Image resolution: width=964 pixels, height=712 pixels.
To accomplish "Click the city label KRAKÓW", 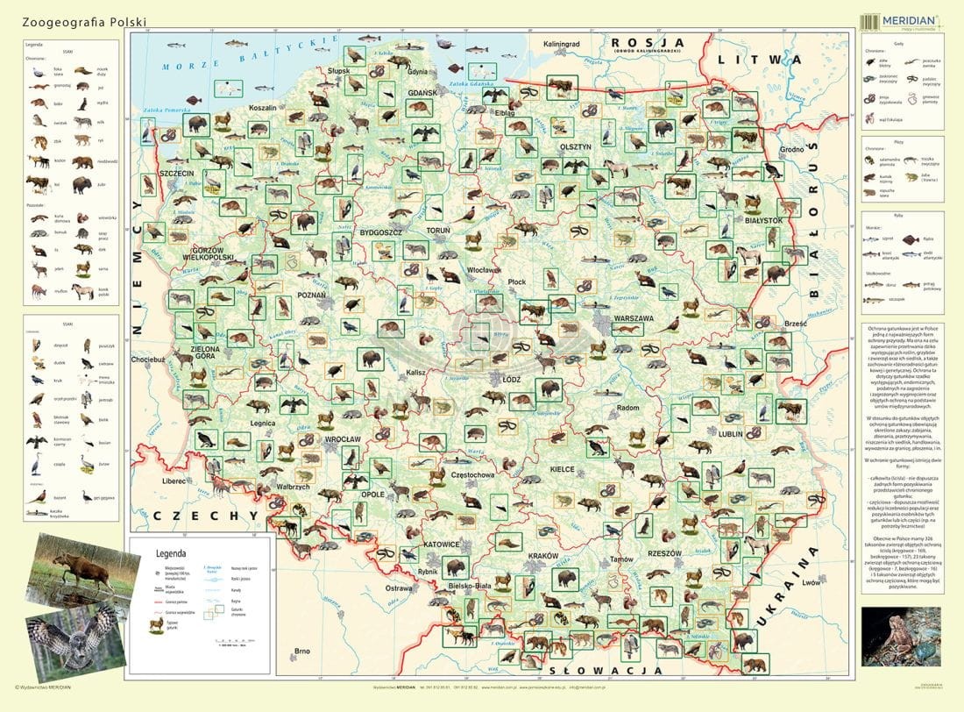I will (x=543, y=556).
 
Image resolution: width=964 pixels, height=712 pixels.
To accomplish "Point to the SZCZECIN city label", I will (x=176, y=174).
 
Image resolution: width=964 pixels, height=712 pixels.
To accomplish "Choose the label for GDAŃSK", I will (x=422, y=91).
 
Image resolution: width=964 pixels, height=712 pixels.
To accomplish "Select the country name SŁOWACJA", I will (x=589, y=670).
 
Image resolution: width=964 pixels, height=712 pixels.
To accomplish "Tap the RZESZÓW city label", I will (x=664, y=553).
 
